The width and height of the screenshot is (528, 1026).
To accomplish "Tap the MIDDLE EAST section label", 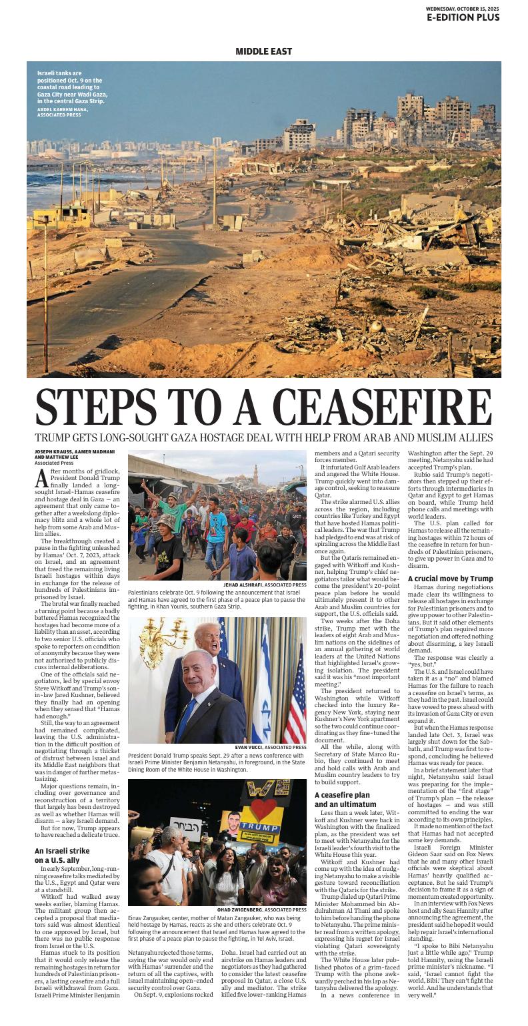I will (x=263, y=51).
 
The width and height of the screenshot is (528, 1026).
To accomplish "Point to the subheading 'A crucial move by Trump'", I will (x=450, y=579).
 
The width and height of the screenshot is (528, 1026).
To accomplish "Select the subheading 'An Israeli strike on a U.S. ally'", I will (x=62, y=856).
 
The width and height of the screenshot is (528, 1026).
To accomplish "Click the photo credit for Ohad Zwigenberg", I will (x=262, y=909).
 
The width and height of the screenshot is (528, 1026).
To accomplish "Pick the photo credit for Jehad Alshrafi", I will (x=265, y=585).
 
